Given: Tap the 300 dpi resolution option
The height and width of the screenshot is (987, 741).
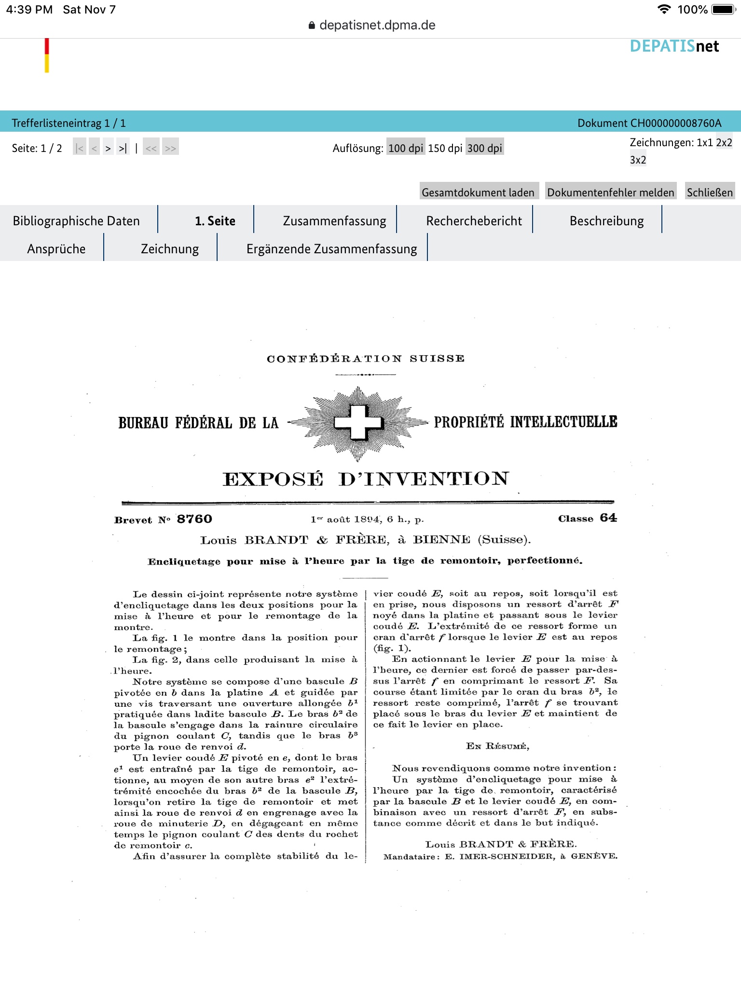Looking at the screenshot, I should (x=484, y=148).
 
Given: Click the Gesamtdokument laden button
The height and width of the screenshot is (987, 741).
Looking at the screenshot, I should (x=478, y=192).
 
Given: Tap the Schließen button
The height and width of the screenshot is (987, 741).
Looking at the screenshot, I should (x=710, y=192).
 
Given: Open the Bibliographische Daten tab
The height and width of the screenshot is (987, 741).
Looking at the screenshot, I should (x=76, y=221).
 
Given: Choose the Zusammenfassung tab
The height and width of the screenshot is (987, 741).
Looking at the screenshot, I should (x=334, y=221).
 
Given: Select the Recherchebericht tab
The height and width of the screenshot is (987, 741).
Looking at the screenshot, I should (x=474, y=221).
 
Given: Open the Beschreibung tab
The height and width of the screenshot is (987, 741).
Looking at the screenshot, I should (x=606, y=221).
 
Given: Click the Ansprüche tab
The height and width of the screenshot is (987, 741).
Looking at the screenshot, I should (x=56, y=249).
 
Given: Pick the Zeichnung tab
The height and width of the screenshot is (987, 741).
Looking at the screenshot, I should (x=170, y=249).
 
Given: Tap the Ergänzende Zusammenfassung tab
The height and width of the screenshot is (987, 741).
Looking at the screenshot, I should (x=331, y=249).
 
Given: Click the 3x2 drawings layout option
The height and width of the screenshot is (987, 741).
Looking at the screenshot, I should (x=638, y=160).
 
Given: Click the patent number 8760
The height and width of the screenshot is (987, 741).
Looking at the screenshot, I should (x=194, y=519).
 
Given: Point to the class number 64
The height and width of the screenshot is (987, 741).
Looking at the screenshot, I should (x=608, y=518).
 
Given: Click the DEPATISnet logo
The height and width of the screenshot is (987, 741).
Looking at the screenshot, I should (x=674, y=46).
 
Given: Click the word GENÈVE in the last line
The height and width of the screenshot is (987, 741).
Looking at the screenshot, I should (x=594, y=856).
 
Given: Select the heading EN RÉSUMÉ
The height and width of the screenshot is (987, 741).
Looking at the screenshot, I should (x=497, y=746).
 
